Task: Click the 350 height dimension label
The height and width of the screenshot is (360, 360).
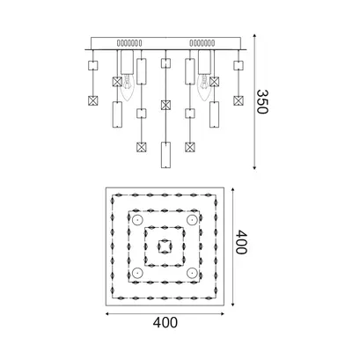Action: [x=262, y=101]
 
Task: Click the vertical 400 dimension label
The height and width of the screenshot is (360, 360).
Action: [x=242, y=242]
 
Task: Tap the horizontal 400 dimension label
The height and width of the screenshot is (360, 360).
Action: [x=165, y=323]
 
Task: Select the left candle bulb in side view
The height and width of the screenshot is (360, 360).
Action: [x=127, y=87]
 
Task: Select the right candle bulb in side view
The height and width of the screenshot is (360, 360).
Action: [x=204, y=87]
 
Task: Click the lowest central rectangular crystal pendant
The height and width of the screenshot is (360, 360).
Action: [x=165, y=155]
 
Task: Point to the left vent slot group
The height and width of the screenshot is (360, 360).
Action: [x=129, y=43]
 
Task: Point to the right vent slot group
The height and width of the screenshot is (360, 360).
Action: [x=202, y=43]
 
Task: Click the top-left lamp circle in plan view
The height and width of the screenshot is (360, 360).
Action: [x=137, y=220]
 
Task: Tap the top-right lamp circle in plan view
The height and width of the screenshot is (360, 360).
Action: [x=192, y=220]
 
